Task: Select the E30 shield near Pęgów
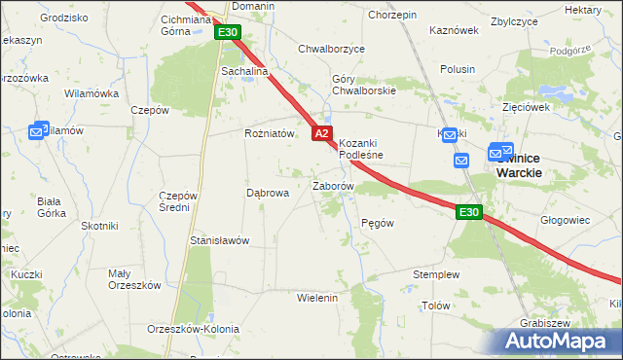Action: click(468, 212)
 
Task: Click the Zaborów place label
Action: click(332, 185)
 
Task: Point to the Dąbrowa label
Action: click(268, 193)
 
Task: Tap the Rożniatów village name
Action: click(269, 134)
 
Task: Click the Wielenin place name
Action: click(316, 298)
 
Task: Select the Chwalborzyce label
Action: click(331, 48)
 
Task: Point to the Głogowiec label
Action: click(568, 220)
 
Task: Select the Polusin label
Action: click(458, 69)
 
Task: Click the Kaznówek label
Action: click(455, 30)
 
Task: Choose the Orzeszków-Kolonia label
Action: click(193, 329)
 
